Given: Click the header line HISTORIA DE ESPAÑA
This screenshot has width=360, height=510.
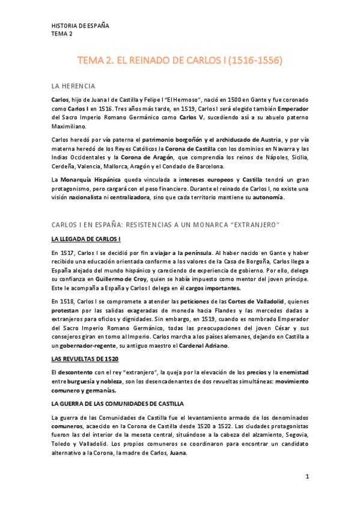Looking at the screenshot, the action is tap(80, 26).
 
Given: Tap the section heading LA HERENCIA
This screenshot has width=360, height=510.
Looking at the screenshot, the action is tap(73, 86).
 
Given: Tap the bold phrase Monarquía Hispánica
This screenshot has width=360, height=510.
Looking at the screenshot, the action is tap(91, 180).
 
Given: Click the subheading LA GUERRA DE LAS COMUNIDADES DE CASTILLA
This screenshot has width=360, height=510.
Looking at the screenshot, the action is tap(118, 402).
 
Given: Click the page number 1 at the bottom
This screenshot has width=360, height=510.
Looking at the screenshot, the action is tap(307, 477).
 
